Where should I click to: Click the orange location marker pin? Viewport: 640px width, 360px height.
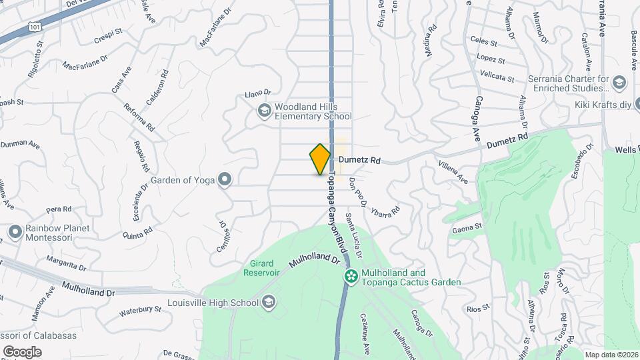(320, 159)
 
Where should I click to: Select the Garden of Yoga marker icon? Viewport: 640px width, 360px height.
(225, 179)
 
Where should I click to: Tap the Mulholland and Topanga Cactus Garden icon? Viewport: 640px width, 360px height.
(349, 275)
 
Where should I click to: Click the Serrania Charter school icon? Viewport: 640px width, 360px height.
(619, 83)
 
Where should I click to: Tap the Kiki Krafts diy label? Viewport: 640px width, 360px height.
(603, 105)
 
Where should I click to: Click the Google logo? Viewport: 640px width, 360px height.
(22, 351)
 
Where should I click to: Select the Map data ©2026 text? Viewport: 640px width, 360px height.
(611, 355)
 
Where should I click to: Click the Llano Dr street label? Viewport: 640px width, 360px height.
(259, 93)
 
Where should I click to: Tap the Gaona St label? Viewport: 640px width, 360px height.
(467, 227)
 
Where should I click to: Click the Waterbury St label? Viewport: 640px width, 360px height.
(141, 310)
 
